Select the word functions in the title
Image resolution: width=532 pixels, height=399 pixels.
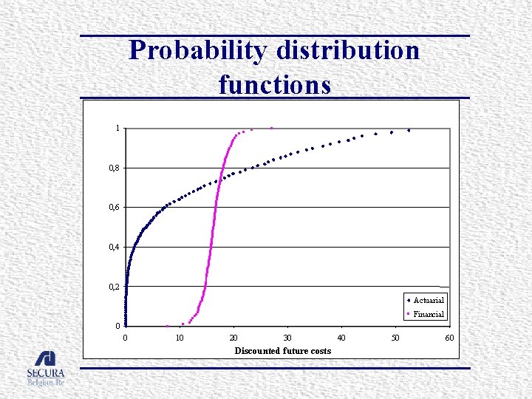274,84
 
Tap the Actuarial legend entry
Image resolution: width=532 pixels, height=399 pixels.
428,300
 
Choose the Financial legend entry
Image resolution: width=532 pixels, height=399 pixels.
428,314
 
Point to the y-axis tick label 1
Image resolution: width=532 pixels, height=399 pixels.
117,129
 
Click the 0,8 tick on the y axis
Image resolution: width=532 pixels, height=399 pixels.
115,168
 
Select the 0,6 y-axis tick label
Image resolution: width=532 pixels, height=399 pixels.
115,208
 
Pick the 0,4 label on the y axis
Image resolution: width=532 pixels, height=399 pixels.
115,247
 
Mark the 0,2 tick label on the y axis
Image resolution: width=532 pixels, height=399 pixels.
115,287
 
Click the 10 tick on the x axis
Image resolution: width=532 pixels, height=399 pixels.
180,338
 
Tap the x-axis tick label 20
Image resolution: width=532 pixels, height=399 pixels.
233,338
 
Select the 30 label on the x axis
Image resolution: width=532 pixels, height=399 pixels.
287,338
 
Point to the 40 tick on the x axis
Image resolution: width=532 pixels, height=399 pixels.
341,338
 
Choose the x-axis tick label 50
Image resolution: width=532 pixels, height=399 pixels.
395,338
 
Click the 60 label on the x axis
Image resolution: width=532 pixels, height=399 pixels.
449,338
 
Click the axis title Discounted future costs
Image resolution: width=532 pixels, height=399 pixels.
283,350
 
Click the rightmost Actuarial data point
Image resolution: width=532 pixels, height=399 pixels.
409,130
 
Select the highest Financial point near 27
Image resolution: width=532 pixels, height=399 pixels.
271,128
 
